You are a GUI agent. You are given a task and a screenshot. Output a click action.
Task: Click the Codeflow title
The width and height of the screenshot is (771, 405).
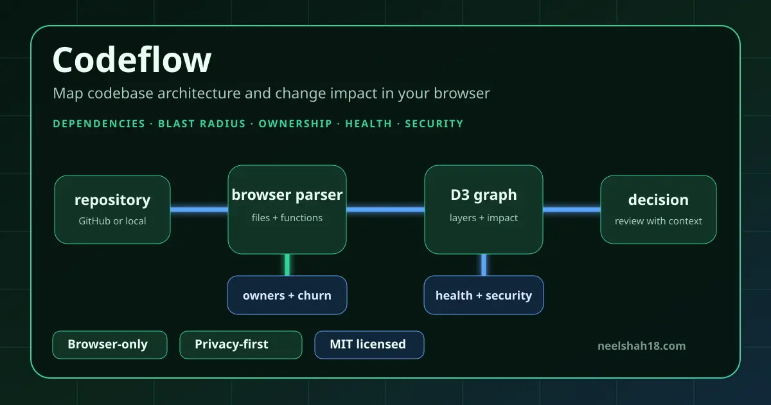pos(132,60)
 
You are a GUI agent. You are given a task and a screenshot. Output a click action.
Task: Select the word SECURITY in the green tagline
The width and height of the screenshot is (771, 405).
pos(434,123)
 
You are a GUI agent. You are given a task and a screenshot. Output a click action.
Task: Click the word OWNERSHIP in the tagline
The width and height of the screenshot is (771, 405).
pos(296,123)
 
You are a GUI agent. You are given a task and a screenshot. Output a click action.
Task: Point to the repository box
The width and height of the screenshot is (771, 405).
pos(112,210)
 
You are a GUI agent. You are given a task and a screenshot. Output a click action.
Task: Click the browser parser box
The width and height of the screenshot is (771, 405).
pos(287,210)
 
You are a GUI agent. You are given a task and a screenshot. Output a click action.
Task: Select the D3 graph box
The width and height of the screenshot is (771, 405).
pos(484,210)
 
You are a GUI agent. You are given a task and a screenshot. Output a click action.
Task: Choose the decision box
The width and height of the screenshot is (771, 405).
pos(659,210)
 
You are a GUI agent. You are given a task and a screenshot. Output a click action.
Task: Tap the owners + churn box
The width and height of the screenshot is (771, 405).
pos(287,295)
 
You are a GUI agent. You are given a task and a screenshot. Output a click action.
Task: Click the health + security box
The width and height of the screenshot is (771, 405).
pos(484,295)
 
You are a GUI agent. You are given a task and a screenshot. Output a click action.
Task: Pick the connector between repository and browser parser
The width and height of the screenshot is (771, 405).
pos(199,210)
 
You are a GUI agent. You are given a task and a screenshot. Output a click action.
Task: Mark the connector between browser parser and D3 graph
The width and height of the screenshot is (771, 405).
pos(385,210)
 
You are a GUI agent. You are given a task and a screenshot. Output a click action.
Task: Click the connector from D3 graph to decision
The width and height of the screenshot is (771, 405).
pos(572,210)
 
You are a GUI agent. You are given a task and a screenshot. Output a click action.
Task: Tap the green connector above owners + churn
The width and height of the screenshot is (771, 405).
pos(287,265)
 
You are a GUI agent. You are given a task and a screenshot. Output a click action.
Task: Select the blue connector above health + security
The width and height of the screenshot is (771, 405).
pos(484,265)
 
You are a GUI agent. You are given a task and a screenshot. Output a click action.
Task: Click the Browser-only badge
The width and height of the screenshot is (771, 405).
pos(110,345)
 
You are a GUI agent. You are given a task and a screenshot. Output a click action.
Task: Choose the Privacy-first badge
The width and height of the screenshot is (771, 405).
pos(241,345)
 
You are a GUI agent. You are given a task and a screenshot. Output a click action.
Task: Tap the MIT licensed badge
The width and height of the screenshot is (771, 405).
pos(369,345)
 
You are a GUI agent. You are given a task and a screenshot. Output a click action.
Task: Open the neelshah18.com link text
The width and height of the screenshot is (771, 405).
pos(642,346)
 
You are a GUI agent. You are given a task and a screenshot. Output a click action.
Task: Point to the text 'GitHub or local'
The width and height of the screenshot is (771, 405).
pos(112,221)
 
